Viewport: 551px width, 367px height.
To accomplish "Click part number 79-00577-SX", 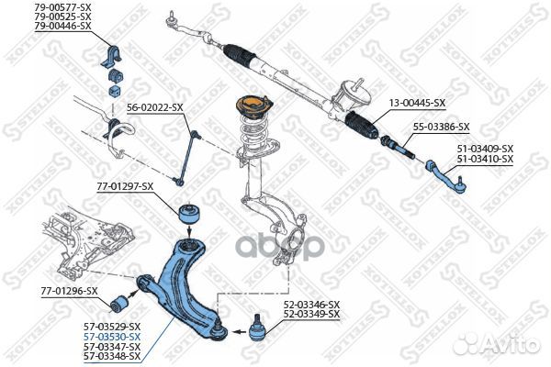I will tap(62, 7).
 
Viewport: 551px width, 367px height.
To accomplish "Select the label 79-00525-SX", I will tap(62, 17).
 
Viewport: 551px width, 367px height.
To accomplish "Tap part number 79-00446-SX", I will tap(62, 26).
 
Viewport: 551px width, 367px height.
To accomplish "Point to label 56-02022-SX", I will tap(154, 107).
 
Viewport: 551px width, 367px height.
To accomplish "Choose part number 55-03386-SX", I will tap(441, 127).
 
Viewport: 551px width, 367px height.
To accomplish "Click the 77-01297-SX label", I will tap(125, 186).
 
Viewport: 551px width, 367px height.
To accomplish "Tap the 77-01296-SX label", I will tap(69, 291).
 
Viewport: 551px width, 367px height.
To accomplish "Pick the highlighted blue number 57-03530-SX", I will tap(111, 337).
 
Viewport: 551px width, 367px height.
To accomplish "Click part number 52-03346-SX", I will tap(311, 304).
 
